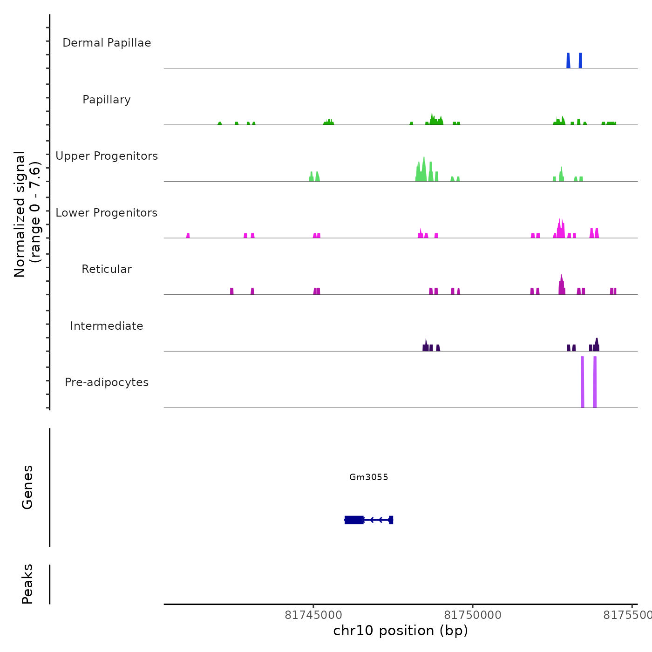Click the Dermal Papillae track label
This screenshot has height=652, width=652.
click(x=107, y=43)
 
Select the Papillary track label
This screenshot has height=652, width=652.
click(x=107, y=100)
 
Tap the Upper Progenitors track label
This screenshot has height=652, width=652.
click(x=107, y=156)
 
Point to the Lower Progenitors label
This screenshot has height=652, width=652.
click(x=107, y=213)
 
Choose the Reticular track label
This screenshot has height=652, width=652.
click(x=107, y=269)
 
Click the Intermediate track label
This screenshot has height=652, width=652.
click(x=107, y=326)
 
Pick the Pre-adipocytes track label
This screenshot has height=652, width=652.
click(x=107, y=382)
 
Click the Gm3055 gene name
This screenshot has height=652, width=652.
click(x=368, y=477)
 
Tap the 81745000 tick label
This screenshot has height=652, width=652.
click(x=313, y=615)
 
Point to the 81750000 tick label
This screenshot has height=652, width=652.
click(x=473, y=615)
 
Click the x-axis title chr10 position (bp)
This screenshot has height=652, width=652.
click(x=401, y=631)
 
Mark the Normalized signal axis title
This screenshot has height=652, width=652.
click(x=27, y=214)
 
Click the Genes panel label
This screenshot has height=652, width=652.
click(x=27, y=487)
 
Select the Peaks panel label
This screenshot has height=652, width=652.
click(x=27, y=584)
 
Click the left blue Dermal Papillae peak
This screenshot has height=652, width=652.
click(x=568, y=61)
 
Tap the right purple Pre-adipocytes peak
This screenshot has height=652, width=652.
click(x=595, y=382)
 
